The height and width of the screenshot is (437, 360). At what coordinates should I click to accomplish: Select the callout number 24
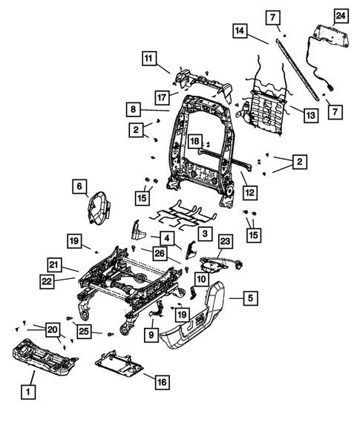click(x=340, y=16)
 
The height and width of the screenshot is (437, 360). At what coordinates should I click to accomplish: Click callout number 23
click(x=226, y=240)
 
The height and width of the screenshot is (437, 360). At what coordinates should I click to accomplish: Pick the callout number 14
click(x=239, y=30)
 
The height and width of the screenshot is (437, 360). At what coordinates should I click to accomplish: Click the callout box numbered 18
click(x=194, y=141)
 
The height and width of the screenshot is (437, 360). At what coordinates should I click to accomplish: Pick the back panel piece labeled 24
click(x=330, y=35)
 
